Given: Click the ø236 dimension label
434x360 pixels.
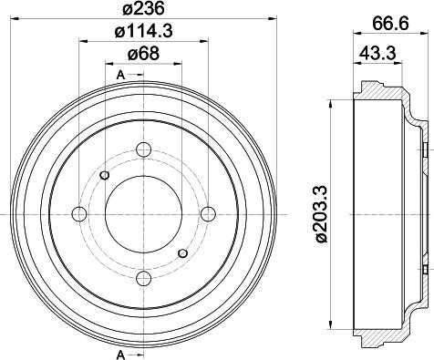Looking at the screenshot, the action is tap(143, 8).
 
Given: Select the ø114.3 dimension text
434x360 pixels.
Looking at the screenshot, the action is tap(143, 31).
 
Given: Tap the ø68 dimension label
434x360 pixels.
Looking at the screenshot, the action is tap(143, 54).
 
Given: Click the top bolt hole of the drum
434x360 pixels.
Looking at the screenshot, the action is tap(144, 149).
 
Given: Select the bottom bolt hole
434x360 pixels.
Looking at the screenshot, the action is tap(144, 280).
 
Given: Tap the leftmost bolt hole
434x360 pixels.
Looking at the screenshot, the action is tap(79, 214).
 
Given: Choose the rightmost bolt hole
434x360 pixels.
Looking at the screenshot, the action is tap(209, 214).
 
